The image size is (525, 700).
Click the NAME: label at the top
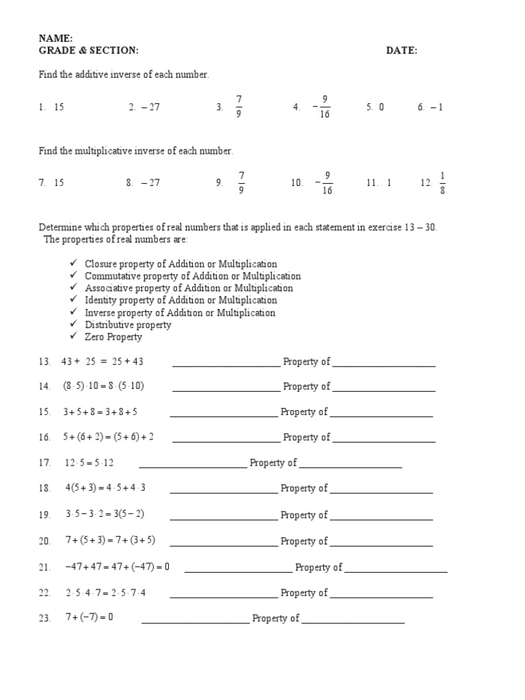pos(55,39)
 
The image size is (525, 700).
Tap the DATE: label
pos(401,51)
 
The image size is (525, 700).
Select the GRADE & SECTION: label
pos(88,51)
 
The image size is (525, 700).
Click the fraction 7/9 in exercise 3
pos(239,107)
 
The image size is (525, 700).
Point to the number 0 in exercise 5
pos(381,107)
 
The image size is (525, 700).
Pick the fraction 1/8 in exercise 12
pos(442,183)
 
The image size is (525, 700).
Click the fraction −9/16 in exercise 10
pos(324,183)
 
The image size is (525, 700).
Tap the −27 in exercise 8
pos(150,183)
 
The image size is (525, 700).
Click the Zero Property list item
pos(113,337)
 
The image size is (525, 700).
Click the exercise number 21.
pos(45,567)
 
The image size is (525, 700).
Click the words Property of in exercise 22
pos(304,593)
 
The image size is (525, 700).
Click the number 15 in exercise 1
pos(59,107)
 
